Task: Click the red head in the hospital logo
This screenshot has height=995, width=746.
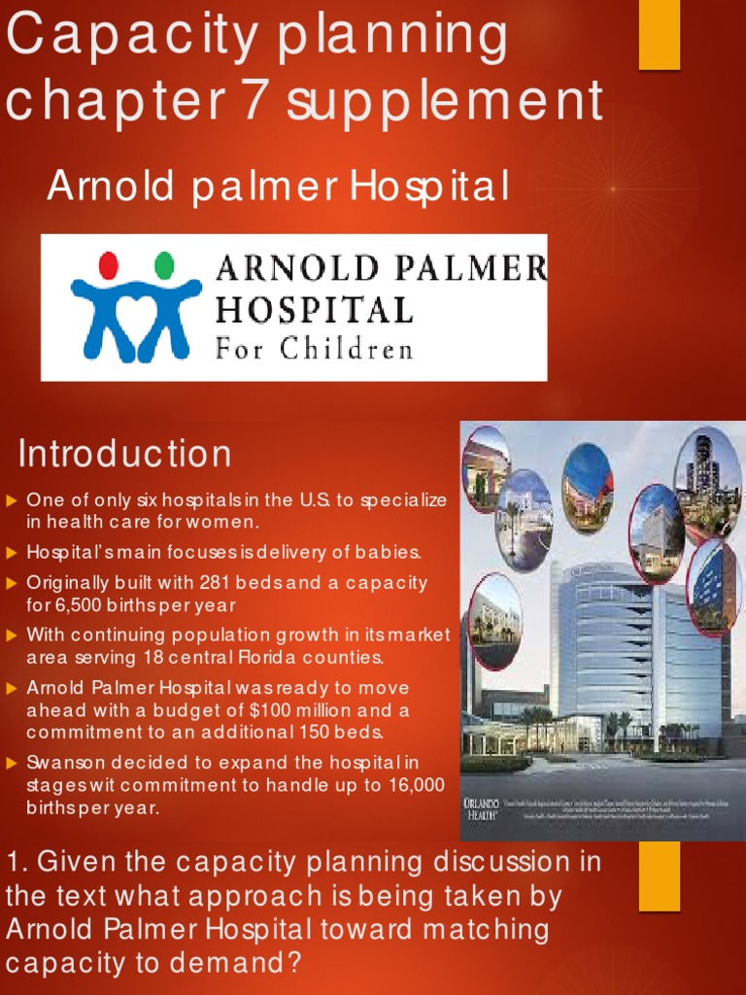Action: (x=109, y=265)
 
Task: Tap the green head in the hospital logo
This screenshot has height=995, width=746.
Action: (x=164, y=265)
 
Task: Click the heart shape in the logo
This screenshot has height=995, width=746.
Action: (x=136, y=310)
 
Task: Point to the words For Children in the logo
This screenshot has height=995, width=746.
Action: (x=314, y=348)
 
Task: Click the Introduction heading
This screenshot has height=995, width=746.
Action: (x=124, y=454)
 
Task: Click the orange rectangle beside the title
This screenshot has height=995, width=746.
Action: (x=659, y=34)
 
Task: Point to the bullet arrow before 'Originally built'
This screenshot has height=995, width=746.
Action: (x=13, y=583)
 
